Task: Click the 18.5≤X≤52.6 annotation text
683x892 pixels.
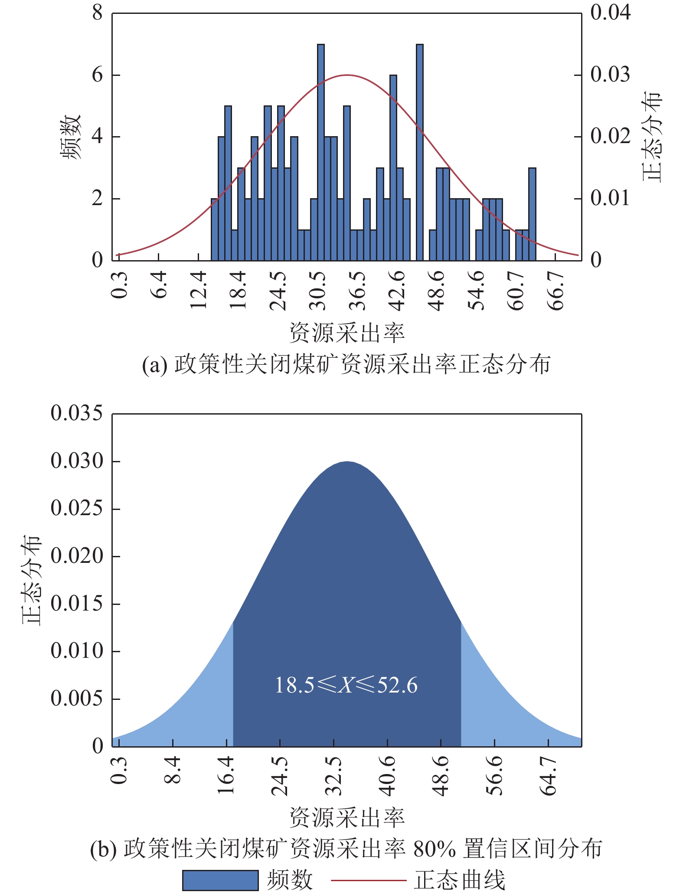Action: pyautogui.click(x=346, y=686)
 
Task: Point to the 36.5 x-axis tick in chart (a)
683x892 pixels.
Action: pyautogui.click(x=358, y=291)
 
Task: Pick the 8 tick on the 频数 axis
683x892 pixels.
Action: pyautogui.click(x=97, y=13)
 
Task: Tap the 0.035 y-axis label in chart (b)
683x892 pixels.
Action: pyautogui.click(x=77, y=413)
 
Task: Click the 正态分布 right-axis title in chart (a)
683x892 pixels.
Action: pyautogui.click(x=652, y=137)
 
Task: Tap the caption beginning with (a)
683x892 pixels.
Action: pyautogui.click(x=346, y=364)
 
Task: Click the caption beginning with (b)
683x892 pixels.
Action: pyautogui.click(x=346, y=849)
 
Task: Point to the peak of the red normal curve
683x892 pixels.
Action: pyautogui.click(x=347, y=75)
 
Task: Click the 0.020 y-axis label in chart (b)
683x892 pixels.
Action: pyautogui.click(x=77, y=556)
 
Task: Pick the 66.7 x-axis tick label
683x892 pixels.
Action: pyautogui.click(x=556, y=291)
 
